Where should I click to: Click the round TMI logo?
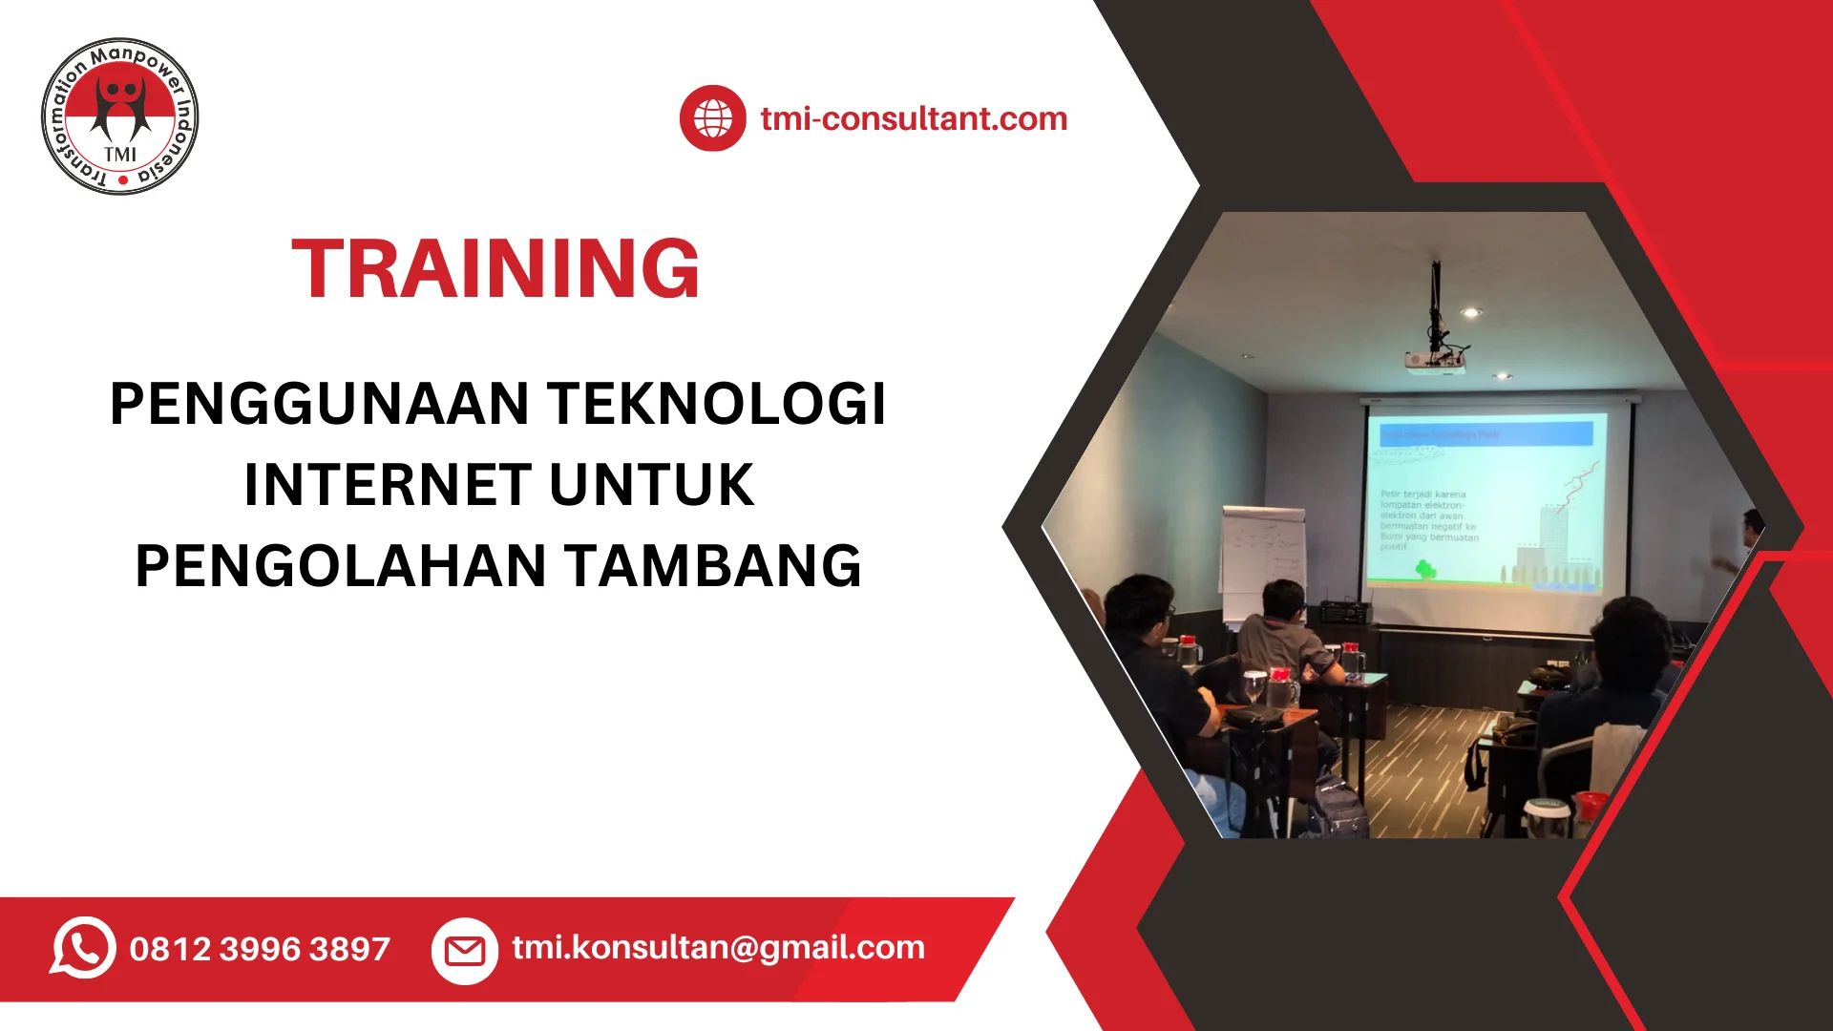click(x=120, y=116)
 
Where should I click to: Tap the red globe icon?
click(x=712, y=118)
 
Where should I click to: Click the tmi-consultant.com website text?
click(x=914, y=119)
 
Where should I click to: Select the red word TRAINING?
click(x=495, y=269)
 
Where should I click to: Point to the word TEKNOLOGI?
click(x=716, y=404)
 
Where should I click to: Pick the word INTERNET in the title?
click(x=388, y=485)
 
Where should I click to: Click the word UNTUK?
click(x=652, y=485)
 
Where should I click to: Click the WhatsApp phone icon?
click(x=83, y=947)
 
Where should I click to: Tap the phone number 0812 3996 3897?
click(x=260, y=949)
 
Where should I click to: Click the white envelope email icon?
click(x=465, y=950)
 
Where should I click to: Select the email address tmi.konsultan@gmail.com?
click(x=718, y=947)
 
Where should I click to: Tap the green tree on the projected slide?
click(x=1425, y=570)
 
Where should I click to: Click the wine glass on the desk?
click(x=1254, y=684)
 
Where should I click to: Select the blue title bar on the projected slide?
click(x=1485, y=433)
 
